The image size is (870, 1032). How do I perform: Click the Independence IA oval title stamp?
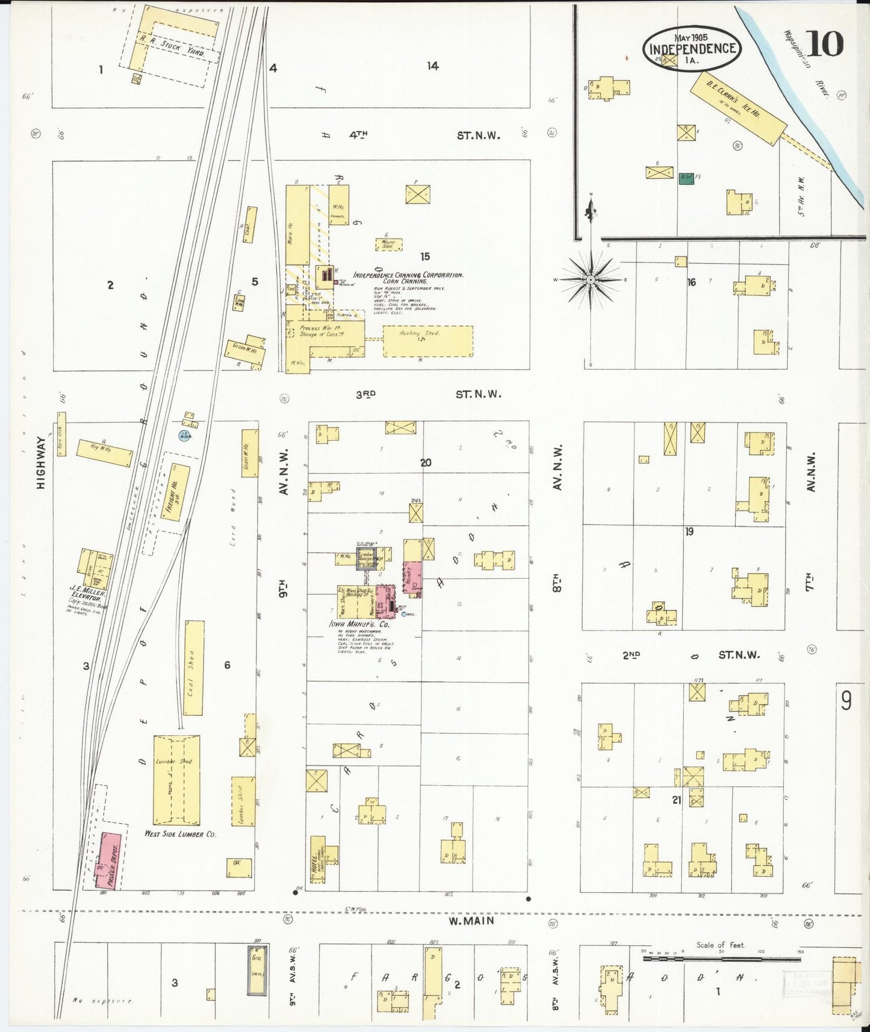tap(692, 48)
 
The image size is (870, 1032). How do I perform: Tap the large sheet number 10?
tap(826, 43)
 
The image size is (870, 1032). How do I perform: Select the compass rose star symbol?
tap(591, 280)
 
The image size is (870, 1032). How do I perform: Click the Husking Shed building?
tap(427, 341)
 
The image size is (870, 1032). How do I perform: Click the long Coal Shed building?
tap(193, 667)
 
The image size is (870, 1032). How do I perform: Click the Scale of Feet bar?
tap(721, 956)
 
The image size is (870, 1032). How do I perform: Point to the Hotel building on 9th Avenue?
tap(317, 859)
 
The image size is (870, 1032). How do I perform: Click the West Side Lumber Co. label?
tap(180, 834)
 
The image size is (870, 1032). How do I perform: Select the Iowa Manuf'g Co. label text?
tap(359, 624)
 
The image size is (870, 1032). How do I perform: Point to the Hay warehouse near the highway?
tap(104, 453)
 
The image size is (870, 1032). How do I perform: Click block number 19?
tap(689, 532)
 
